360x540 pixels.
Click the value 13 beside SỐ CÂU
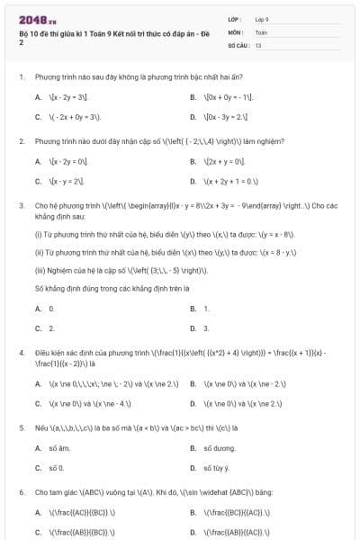click(x=258, y=44)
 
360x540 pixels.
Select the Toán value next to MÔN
click(x=261, y=31)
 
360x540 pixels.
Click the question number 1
click(x=20, y=76)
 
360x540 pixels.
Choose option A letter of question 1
click(x=38, y=96)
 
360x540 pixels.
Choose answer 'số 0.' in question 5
click(x=57, y=468)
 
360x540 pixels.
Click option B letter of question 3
click(x=193, y=309)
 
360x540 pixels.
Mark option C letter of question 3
click(x=38, y=328)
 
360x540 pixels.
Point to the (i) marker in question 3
click(x=38, y=234)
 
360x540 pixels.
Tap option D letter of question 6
click(x=193, y=532)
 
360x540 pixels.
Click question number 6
click(x=20, y=492)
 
